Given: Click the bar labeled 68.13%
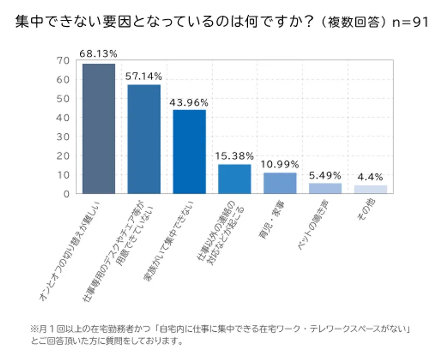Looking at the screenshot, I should (x=99, y=129).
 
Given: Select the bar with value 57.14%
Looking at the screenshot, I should (x=144, y=139).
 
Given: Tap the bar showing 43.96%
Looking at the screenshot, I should (x=189, y=152).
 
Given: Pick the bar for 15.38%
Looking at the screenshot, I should (x=235, y=179).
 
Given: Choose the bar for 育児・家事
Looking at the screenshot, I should (x=280, y=183).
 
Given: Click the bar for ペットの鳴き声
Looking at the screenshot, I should (x=325, y=188).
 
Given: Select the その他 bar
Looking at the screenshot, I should (x=371, y=189).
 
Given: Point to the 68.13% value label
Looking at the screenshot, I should (x=99, y=53).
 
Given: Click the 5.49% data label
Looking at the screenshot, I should (x=325, y=175).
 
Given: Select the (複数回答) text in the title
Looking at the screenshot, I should (x=353, y=22).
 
